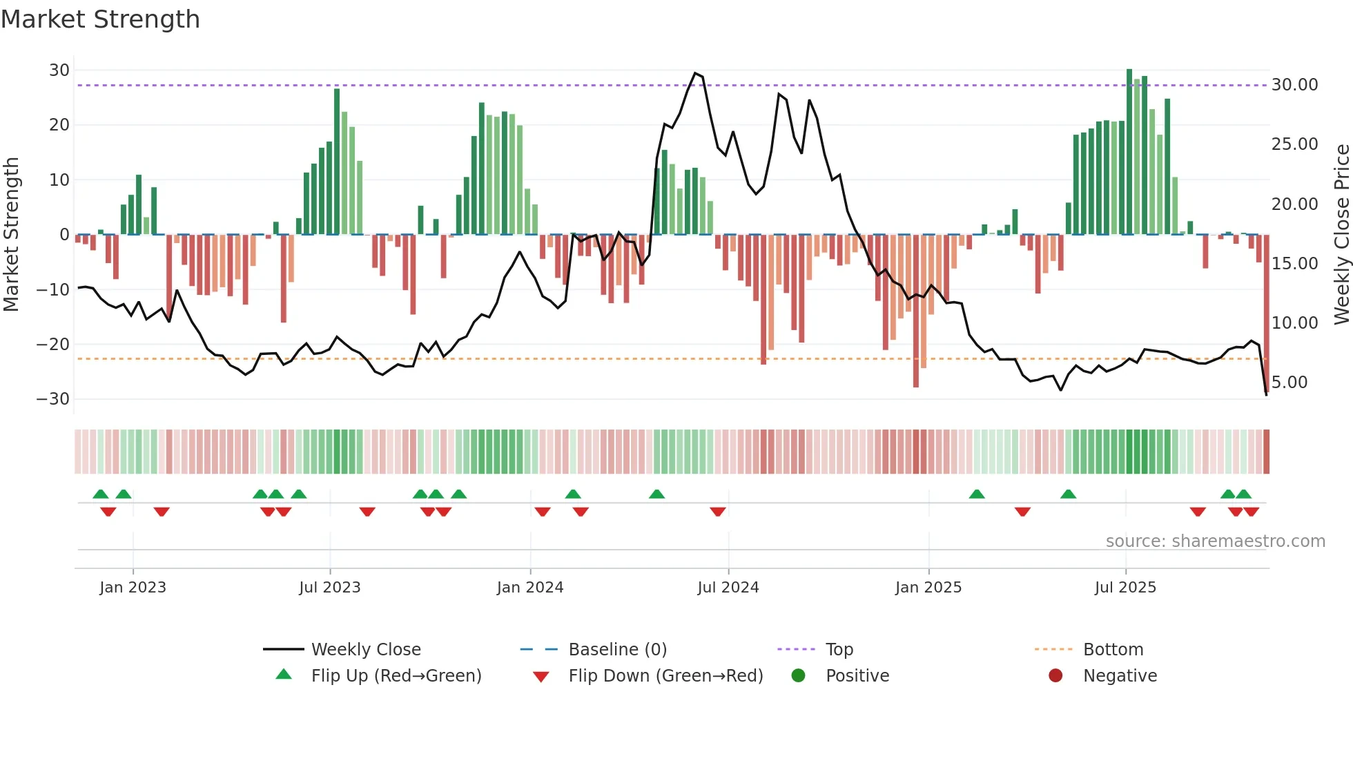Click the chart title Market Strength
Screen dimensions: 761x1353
(100, 19)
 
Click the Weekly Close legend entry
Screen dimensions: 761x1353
(365, 650)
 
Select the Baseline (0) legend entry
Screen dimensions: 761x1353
(617, 650)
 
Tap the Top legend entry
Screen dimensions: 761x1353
(839, 650)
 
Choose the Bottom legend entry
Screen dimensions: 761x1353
(1113, 650)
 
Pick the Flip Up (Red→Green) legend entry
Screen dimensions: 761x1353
(396, 676)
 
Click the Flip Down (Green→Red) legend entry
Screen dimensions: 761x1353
(665, 676)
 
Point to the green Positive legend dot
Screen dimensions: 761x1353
(799, 676)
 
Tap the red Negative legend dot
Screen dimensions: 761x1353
(1055, 676)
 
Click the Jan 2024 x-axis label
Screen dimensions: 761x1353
(530, 588)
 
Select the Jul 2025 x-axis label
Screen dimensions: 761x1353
(1125, 588)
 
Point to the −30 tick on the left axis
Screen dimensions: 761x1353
(53, 399)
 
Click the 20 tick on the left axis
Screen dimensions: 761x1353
(59, 125)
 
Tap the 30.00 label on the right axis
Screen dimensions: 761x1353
(1294, 85)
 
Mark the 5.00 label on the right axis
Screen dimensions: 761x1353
(1289, 383)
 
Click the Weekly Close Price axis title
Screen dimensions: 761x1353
(1341, 235)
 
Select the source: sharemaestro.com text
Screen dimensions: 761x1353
(1215, 541)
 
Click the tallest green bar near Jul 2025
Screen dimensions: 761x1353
(1129, 152)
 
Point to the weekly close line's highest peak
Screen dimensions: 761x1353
(695, 73)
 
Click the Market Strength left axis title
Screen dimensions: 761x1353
(12, 235)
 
